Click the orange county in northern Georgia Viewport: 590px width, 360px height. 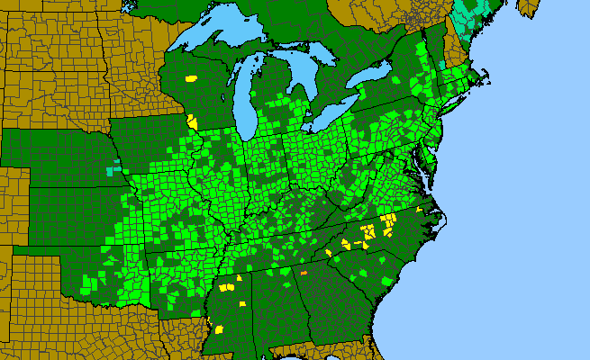pos(304,272)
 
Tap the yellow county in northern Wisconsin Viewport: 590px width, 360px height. pos(191,78)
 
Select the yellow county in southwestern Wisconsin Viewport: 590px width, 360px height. pos(191,121)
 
